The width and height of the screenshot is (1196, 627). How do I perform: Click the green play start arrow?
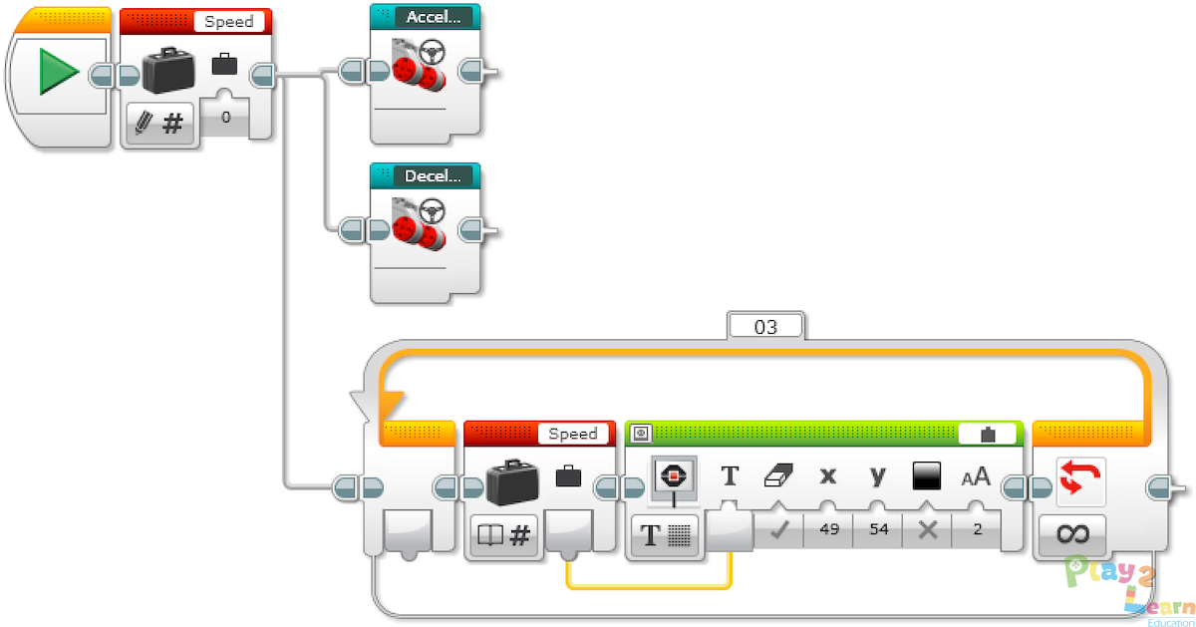pyautogui.click(x=59, y=74)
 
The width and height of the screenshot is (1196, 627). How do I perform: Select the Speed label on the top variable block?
pyautogui.click(x=228, y=21)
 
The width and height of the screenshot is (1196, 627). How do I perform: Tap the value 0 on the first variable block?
pyautogui.click(x=226, y=118)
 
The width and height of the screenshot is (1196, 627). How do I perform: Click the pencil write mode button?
pyautogui.click(x=159, y=124)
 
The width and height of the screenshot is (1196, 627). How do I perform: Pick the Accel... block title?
pyautogui.click(x=432, y=17)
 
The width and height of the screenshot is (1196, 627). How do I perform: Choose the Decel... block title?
pyautogui.click(x=432, y=176)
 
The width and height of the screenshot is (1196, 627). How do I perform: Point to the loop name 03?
pyautogui.click(x=764, y=326)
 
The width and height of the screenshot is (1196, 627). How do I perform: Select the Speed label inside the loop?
pyautogui.click(x=572, y=434)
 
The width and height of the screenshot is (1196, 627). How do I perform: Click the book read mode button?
pyautogui.click(x=504, y=536)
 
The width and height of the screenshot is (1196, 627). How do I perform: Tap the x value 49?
pyautogui.click(x=827, y=529)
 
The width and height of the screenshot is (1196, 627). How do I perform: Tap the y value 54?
pyautogui.click(x=877, y=529)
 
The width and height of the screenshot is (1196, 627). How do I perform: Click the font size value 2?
pyautogui.click(x=977, y=529)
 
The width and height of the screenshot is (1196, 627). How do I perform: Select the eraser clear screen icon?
pyautogui.click(x=777, y=476)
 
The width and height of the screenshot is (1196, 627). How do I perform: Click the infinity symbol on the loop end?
pyautogui.click(x=1072, y=534)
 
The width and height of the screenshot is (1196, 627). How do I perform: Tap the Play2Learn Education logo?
pyautogui.click(x=1130, y=588)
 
